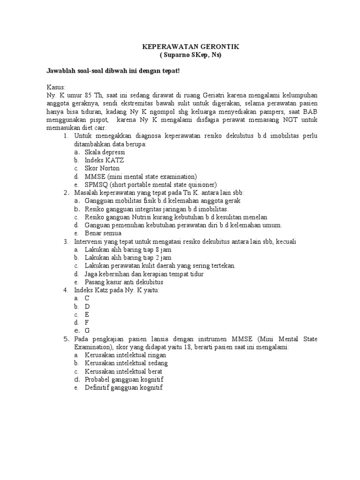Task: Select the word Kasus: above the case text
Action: [x=56, y=88]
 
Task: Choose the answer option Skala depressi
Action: [x=105, y=152]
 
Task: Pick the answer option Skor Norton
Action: [x=102, y=168]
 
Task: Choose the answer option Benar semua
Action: [x=103, y=233]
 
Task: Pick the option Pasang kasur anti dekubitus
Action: [x=124, y=282]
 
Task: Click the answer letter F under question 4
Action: [x=87, y=322]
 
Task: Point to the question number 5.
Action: [x=66, y=338]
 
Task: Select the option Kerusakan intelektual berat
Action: [x=123, y=371]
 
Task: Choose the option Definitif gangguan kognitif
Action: [x=123, y=387]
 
